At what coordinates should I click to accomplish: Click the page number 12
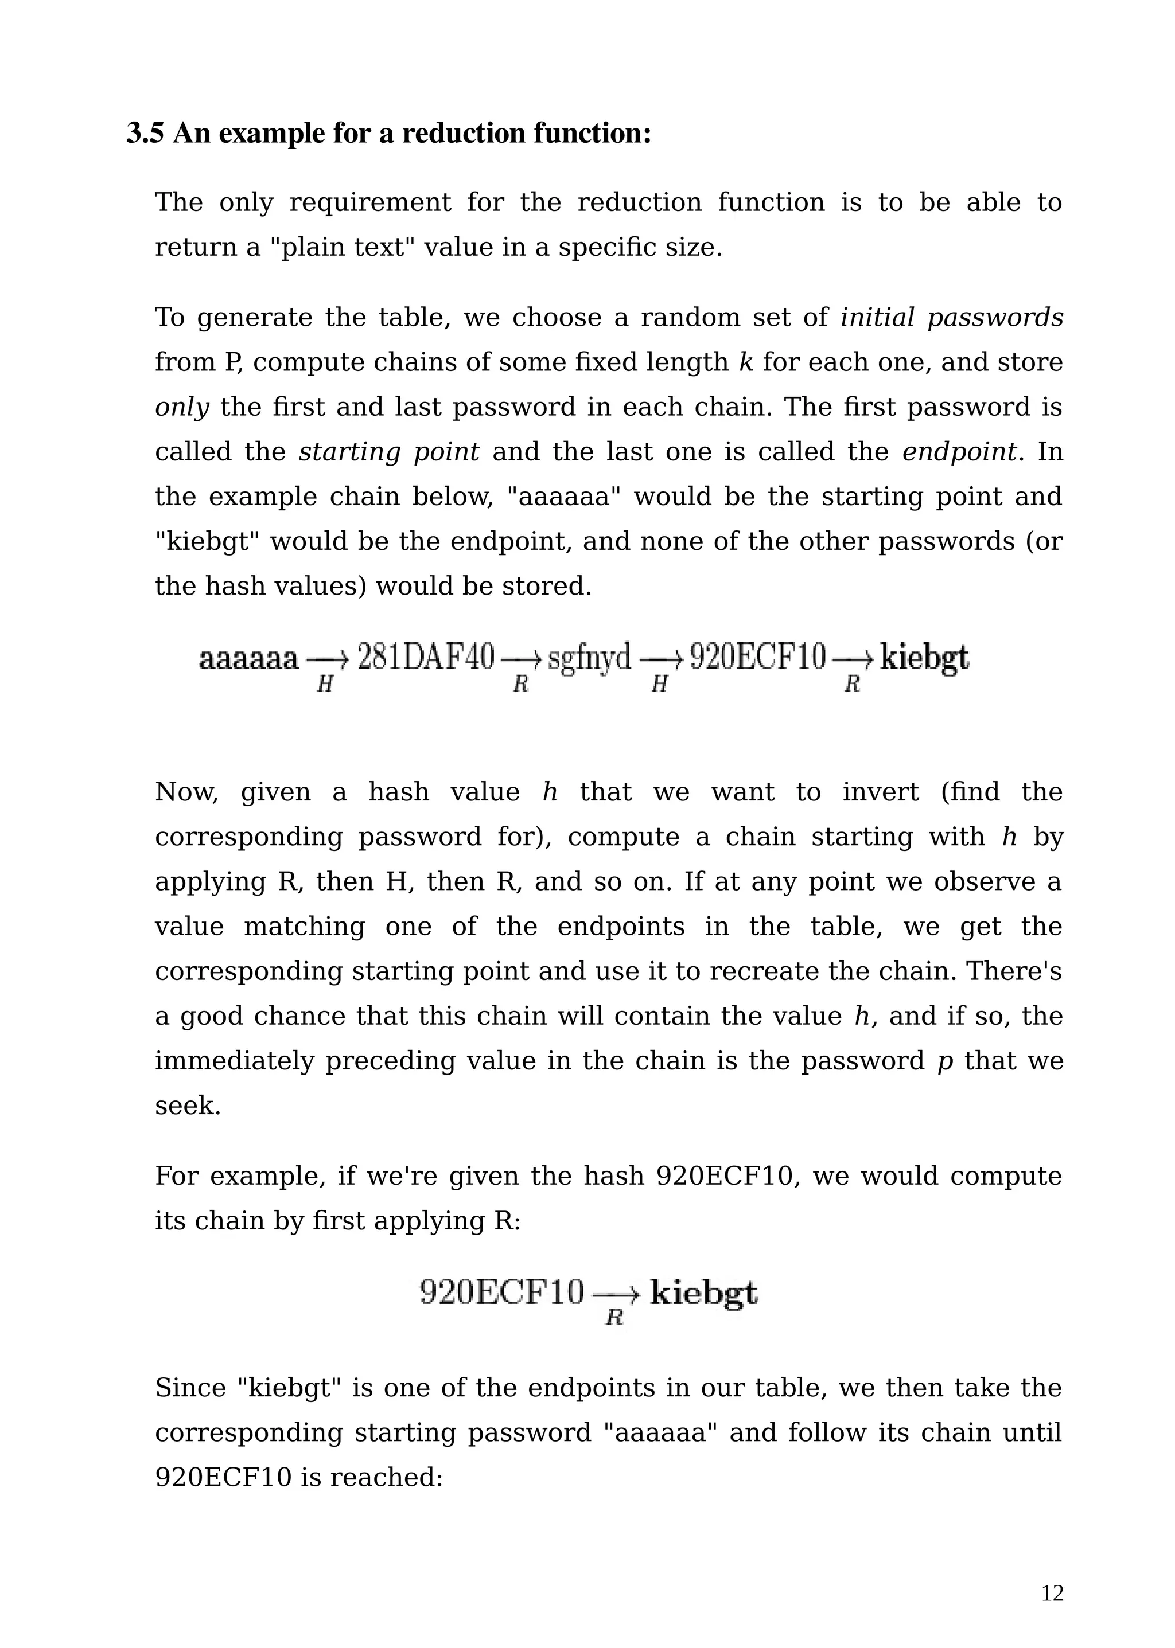(x=1052, y=1594)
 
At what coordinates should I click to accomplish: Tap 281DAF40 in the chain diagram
(x=426, y=658)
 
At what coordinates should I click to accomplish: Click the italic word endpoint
(x=959, y=452)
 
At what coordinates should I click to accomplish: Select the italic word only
(x=182, y=408)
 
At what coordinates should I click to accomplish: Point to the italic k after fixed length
(x=746, y=363)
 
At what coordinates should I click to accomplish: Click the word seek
(x=188, y=1106)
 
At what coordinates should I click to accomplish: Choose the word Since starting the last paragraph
(x=189, y=1388)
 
